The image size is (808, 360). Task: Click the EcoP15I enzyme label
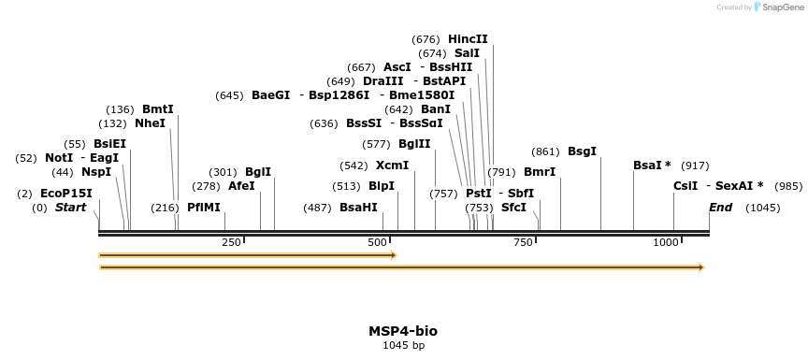coord(65,194)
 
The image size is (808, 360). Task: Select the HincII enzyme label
coord(468,39)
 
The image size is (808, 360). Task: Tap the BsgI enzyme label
coord(582,151)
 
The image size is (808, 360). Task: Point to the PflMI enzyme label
coord(204,208)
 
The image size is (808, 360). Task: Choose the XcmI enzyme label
coord(392,166)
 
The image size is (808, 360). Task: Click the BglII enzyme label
coord(414,144)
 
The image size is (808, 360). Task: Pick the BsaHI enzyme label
coord(358,208)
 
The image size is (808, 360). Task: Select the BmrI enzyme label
coord(540,172)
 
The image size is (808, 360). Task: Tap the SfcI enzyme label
coord(513,208)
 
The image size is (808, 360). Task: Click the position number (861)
coord(545,151)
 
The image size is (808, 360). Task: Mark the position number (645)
coord(229,95)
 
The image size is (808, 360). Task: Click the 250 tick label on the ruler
coord(231,243)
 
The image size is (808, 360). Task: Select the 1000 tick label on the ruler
coord(666,243)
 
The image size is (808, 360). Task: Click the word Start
coord(70,208)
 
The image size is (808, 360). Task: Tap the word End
coord(720,208)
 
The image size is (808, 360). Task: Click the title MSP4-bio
coord(403,331)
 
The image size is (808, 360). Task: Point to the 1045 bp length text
coord(403,346)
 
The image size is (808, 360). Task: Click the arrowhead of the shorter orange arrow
coord(394,255)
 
